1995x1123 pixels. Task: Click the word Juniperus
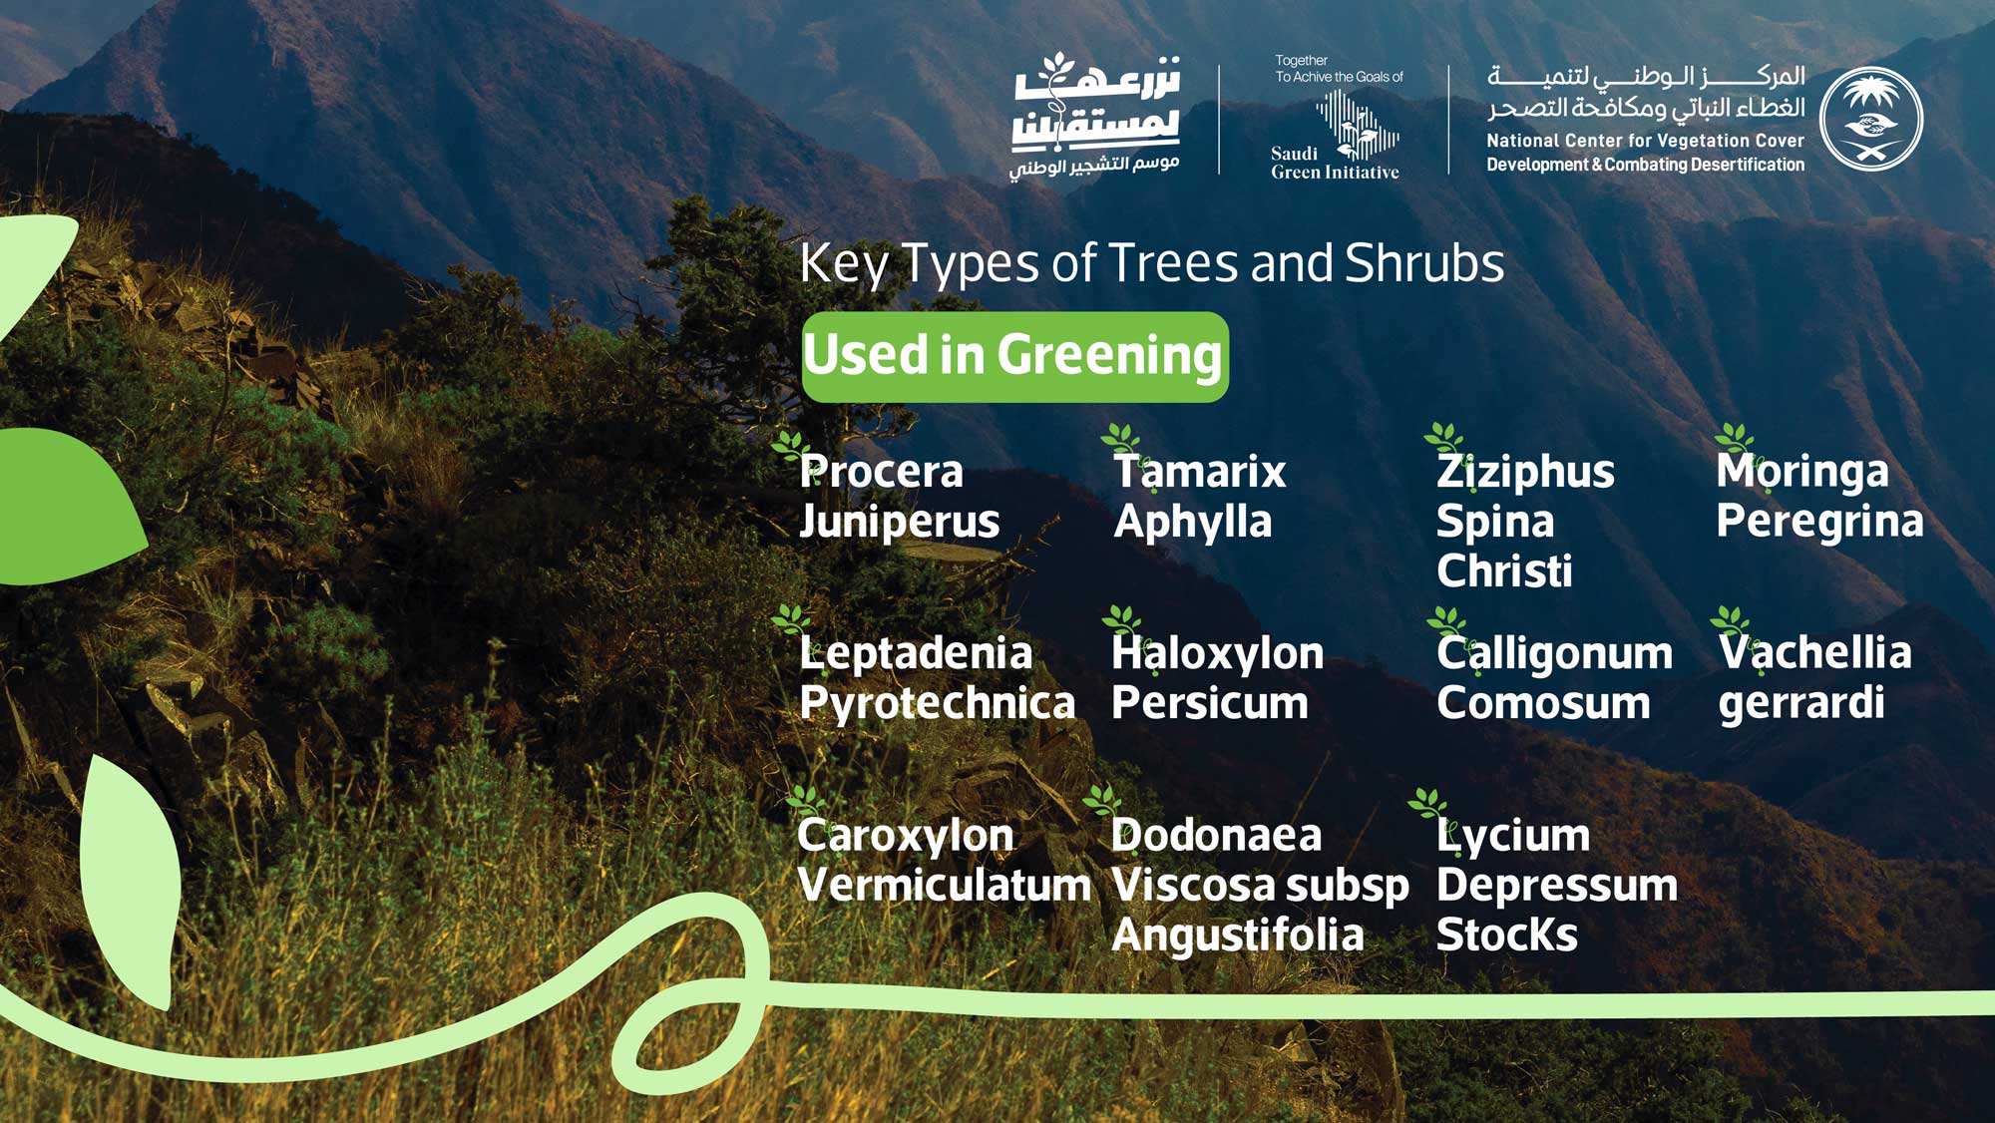899,522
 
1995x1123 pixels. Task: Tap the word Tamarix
1199,471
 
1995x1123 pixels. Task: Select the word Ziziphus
1524,471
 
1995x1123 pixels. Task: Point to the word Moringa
1801,471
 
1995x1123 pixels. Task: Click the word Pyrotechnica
937,703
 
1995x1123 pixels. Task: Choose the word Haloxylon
1217,653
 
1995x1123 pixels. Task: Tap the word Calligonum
1554,653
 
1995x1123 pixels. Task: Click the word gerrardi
1800,703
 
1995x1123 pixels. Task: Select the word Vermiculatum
944,885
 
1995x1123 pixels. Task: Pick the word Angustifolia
1237,936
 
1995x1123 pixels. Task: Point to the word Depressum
1556,885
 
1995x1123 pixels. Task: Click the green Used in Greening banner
1014,356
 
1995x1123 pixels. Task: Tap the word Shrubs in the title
1423,263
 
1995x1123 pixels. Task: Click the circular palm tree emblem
1870,119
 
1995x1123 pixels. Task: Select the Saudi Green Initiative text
1334,163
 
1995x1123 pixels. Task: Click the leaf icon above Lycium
1426,802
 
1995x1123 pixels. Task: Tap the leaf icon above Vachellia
1730,619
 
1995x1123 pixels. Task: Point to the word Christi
1503,571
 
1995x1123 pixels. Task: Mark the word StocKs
1506,936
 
